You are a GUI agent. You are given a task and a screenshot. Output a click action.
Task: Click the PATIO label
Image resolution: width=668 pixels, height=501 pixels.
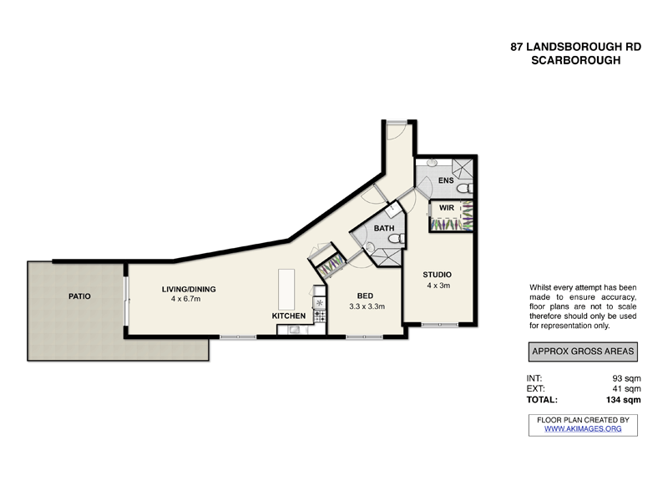[x=80, y=296]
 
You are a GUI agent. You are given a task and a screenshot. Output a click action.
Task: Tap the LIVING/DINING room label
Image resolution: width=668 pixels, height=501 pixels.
[x=189, y=289]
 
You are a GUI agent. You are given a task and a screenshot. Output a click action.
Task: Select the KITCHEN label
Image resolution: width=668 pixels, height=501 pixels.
[x=289, y=316]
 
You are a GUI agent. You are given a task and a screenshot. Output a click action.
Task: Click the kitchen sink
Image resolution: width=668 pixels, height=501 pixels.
[x=293, y=330]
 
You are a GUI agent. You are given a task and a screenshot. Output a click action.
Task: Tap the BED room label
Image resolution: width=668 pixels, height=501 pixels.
[x=366, y=296]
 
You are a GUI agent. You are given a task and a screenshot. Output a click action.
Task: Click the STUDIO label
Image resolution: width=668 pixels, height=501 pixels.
[x=437, y=274]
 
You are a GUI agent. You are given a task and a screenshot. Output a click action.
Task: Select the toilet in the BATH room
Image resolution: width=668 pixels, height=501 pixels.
[x=400, y=240]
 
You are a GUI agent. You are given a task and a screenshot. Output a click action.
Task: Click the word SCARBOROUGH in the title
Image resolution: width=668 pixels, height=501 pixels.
[x=576, y=61]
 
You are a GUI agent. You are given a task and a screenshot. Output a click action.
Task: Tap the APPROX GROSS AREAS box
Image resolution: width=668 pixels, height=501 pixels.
[x=583, y=352]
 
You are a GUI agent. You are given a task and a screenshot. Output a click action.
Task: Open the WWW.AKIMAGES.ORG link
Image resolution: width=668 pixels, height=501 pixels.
[x=583, y=428]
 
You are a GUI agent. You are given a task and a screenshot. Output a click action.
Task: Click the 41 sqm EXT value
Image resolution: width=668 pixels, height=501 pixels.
[x=627, y=389]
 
